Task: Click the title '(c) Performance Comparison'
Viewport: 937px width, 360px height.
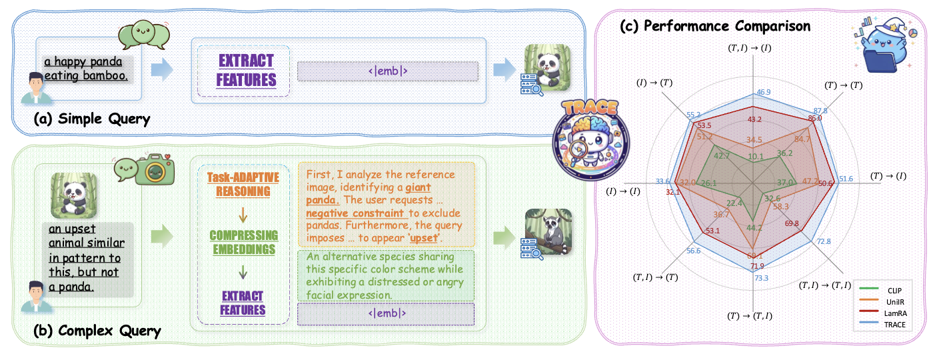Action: (x=715, y=27)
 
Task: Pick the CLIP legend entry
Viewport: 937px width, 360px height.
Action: (x=890, y=291)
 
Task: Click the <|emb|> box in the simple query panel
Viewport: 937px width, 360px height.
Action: (x=387, y=71)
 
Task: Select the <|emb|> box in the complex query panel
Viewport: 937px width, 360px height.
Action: (x=386, y=313)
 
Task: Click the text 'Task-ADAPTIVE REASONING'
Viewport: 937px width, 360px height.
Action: (x=239, y=184)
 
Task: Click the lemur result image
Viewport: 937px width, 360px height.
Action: (x=542, y=231)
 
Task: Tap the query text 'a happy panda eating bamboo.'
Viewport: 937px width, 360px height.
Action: (x=85, y=69)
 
